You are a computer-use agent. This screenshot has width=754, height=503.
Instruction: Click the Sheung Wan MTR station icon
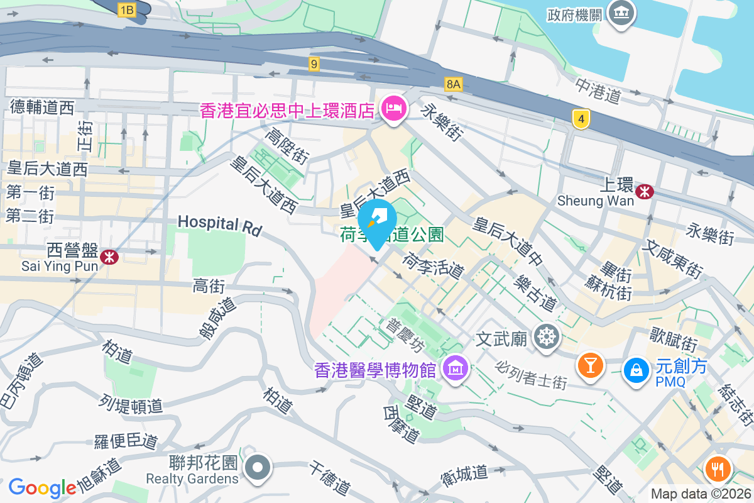(644, 191)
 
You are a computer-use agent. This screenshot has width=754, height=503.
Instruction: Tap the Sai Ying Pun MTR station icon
(109, 257)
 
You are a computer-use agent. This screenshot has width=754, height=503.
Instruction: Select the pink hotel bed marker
(394, 109)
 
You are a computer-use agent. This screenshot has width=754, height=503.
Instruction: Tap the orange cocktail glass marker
(590, 365)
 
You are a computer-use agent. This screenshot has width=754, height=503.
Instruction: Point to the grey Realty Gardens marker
(258, 468)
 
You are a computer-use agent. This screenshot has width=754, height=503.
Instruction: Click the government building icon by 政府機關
(622, 13)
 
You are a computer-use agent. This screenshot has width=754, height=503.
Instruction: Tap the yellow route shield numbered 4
(582, 118)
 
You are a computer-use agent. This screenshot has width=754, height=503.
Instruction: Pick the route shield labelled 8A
(453, 84)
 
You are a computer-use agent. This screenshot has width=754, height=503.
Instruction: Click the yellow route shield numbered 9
(314, 63)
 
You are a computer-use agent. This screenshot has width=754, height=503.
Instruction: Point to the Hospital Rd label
(219, 224)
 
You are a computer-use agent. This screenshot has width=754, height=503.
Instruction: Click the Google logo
(42, 487)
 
